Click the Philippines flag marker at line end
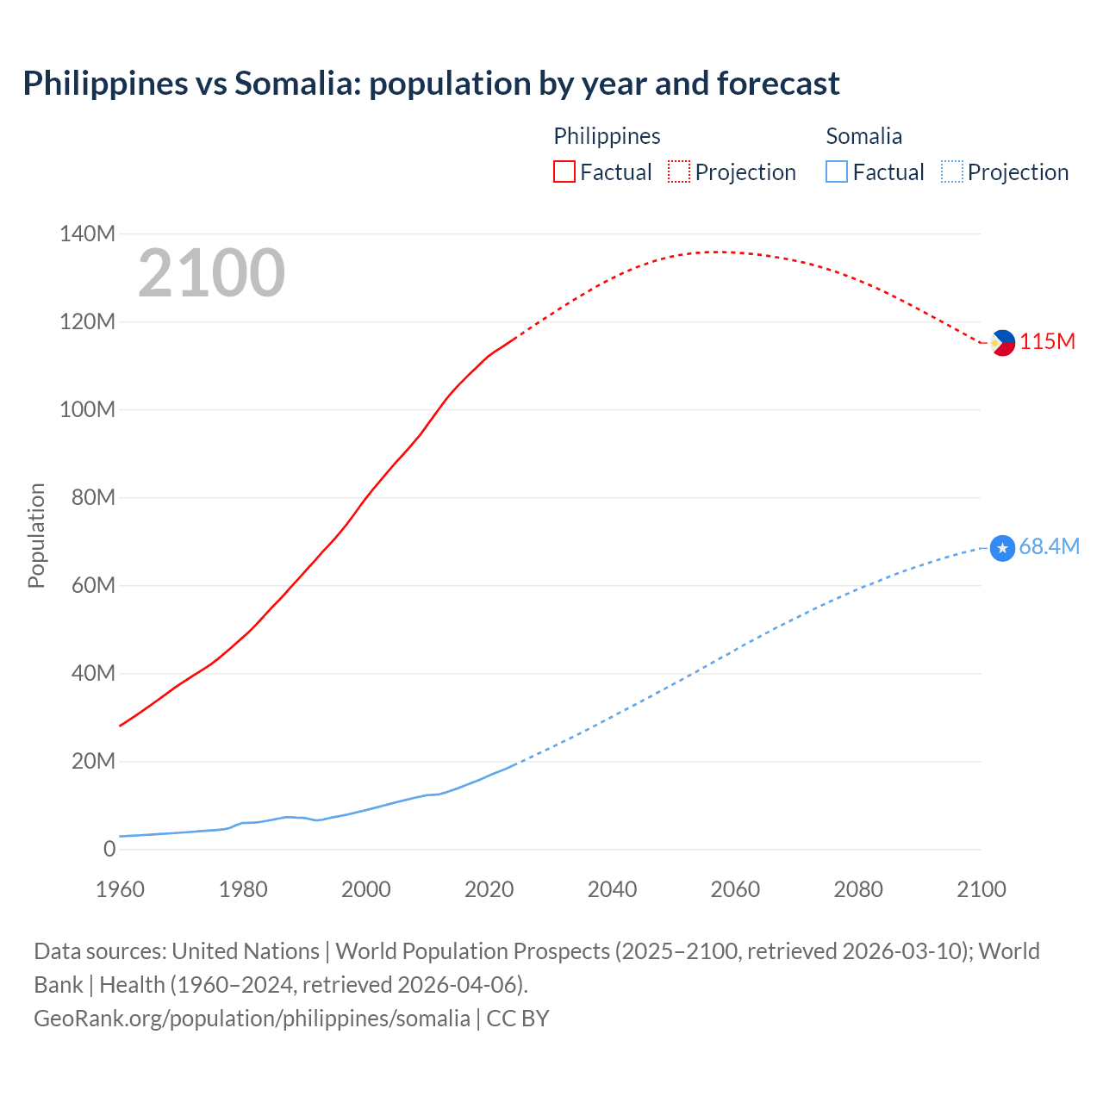coord(1002,343)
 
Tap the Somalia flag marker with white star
coord(1002,548)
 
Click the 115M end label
coord(1048,342)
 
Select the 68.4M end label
coord(1050,547)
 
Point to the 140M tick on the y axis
coord(87,234)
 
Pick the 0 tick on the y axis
coord(109,850)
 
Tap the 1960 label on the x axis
coord(120,890)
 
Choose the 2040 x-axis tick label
coord(612,890)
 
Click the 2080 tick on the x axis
coord(858,890)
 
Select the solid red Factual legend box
coord(564,172)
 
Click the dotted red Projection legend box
coord(679,172)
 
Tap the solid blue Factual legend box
coord(837,172)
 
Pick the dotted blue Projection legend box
coord(952,172)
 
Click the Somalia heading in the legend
coord(863,136)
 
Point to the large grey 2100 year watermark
coord(211,273)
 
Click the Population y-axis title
coord(36,536)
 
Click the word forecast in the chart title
coord(777,84)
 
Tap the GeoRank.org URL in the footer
coord(252,1019)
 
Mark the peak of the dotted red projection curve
coord(720,252)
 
